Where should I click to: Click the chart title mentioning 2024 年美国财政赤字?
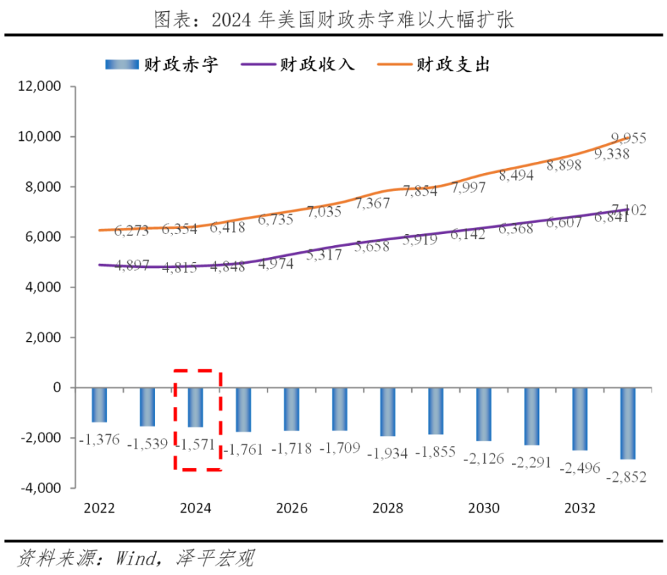click(333, 19)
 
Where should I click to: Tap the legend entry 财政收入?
click(298, 65)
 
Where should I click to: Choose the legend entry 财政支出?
click(434, 65)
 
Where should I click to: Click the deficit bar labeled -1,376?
click(99, 405)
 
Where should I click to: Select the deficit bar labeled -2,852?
click(627, 423)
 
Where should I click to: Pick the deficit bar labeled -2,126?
click(484, 414)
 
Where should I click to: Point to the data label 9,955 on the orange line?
click(628, 138)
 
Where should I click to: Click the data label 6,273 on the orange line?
click(132, 231)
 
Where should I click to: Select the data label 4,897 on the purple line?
click(132, 266)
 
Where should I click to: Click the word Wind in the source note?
click(138, 558)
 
